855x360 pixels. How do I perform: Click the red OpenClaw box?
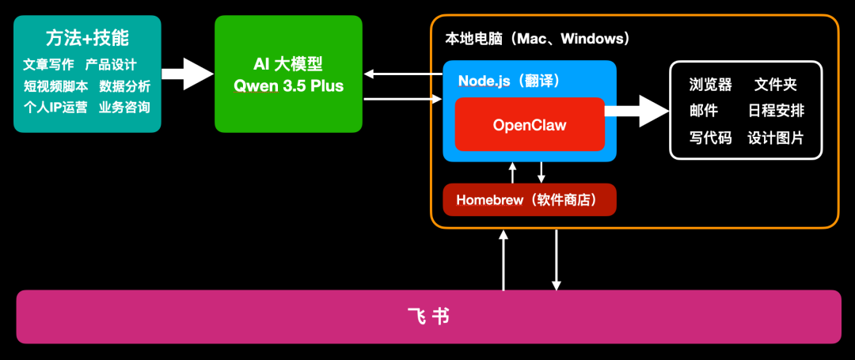(530, 125)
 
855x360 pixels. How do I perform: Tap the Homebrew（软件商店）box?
(530, 200)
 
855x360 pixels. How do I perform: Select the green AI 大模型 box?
(288, 74)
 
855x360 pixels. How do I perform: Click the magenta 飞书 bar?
(428, 316)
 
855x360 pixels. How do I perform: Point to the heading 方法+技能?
(87, 37)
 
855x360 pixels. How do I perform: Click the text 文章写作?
(49, 65)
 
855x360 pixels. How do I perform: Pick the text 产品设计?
(111, 65)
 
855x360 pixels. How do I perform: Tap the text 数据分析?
(124, 86)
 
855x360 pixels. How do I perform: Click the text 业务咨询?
(124, 107)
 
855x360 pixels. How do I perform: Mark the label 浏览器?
(710, 85)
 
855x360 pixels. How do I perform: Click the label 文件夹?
(775, 85)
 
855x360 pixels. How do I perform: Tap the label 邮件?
(703, 111)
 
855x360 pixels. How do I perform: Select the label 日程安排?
(775, 111)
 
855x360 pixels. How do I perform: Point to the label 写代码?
(710, 138)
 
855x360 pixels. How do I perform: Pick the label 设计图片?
(775, 138)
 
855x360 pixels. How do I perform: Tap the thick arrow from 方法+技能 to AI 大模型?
(188, 74)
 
